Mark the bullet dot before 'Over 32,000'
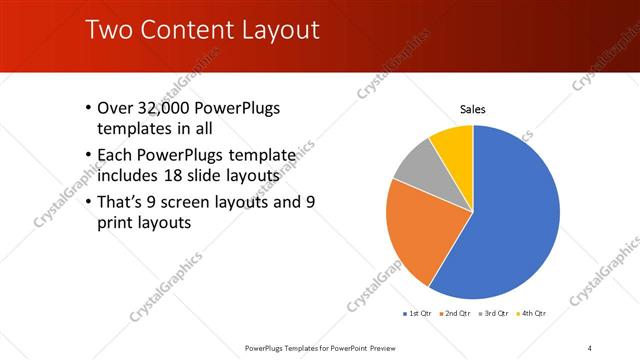click(88, 108)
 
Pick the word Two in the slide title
click(107, 30)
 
